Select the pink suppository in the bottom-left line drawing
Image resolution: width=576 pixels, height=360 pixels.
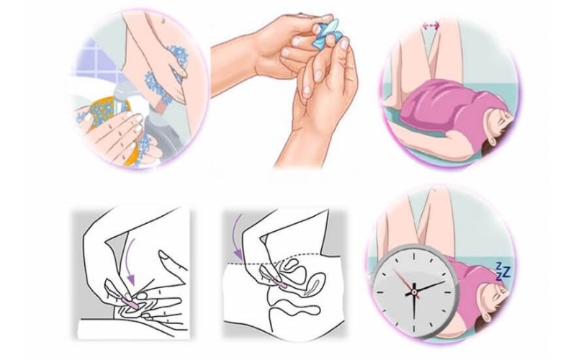(129, 307)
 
